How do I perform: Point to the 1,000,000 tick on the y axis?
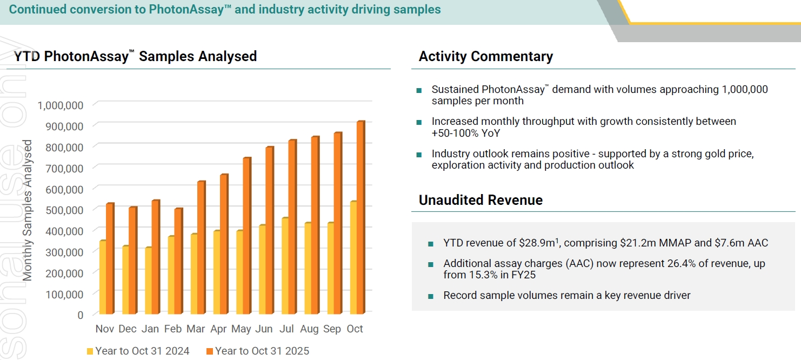coord(60,104)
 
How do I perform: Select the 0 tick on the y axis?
coord(80,315)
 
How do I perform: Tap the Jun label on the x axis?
coord(264,329)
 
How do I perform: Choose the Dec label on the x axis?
coord(128,329)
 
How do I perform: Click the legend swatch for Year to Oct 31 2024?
coord(90,351)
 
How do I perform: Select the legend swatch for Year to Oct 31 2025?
coord(210,351)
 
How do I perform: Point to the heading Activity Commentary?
coord(485,57)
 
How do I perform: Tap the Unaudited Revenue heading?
coord(480,200)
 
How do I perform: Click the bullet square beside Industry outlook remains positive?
coord(419,155)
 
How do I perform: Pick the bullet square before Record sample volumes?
coord(431,296)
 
